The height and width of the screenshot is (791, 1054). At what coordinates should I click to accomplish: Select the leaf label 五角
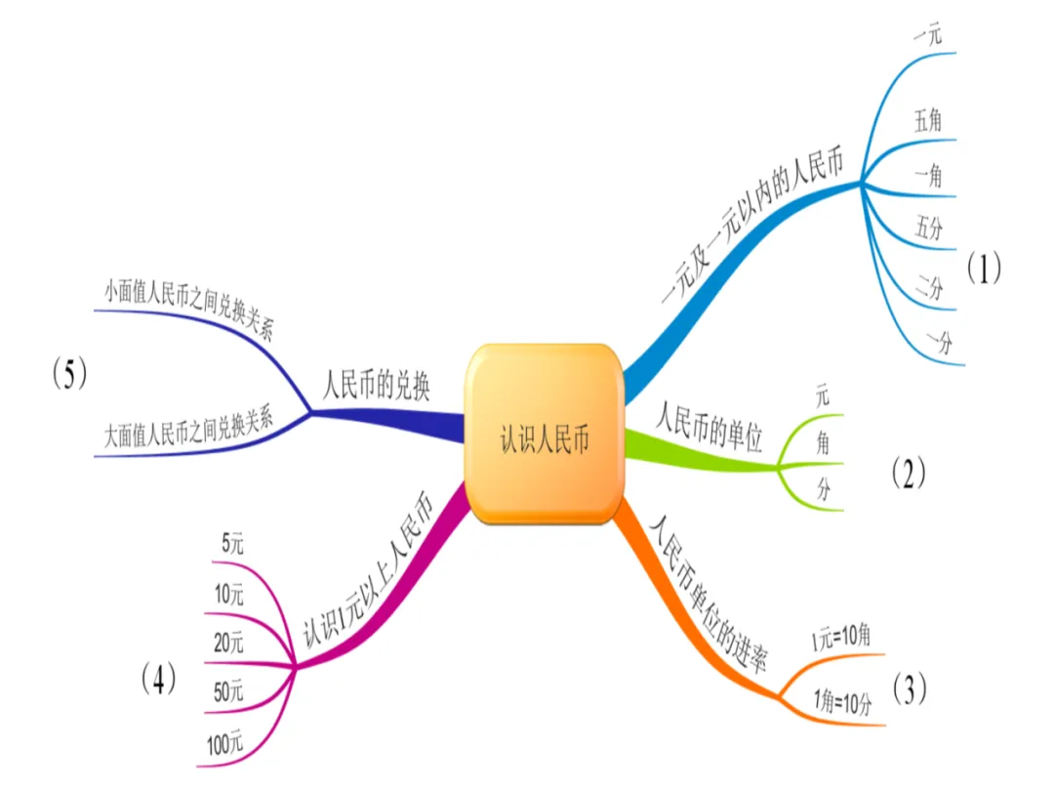click(928, 121)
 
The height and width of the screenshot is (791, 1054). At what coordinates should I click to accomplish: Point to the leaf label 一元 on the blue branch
click(927, 36)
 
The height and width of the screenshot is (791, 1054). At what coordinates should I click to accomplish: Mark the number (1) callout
click(984, 269)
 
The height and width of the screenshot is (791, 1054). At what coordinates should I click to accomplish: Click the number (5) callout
click(70, 374)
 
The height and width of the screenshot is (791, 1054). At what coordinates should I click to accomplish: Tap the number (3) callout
click(908, 689)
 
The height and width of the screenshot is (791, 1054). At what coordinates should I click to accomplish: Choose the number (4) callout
click(158, 678)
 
